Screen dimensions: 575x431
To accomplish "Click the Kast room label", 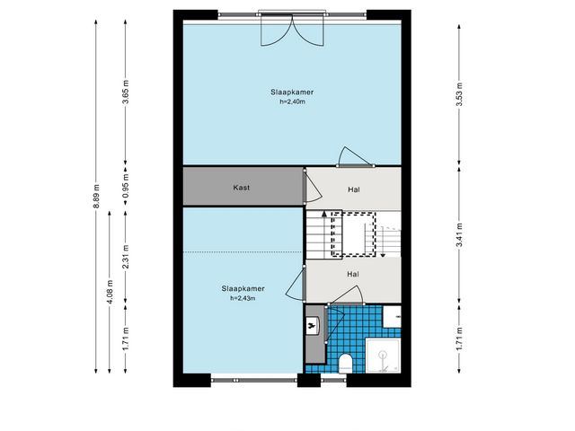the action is point(242,188).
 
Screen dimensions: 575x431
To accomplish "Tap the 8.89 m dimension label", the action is point(96,196).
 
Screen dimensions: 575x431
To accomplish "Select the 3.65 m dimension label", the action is point(126,92).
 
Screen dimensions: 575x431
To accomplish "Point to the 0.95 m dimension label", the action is point(126,185).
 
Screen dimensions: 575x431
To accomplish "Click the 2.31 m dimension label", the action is point(126,257).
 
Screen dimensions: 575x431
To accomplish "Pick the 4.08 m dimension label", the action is point(110,292).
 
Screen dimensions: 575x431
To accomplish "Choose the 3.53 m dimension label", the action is point(459,94).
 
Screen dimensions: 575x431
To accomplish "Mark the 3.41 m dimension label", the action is point(459,234).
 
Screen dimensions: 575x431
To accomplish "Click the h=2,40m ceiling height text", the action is point(292,101).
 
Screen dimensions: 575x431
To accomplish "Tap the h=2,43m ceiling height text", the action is point(243,298).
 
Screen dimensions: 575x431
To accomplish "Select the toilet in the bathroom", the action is point(345,363).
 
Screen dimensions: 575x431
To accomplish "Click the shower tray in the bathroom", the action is point(383,356).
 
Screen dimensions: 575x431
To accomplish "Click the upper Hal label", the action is point(353,189).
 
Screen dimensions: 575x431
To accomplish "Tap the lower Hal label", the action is point(353,274).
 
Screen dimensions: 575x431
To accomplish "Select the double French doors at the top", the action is point(292,30).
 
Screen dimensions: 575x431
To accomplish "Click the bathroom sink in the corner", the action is point(392,317).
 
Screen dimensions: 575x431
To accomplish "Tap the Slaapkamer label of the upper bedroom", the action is point(292,92).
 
